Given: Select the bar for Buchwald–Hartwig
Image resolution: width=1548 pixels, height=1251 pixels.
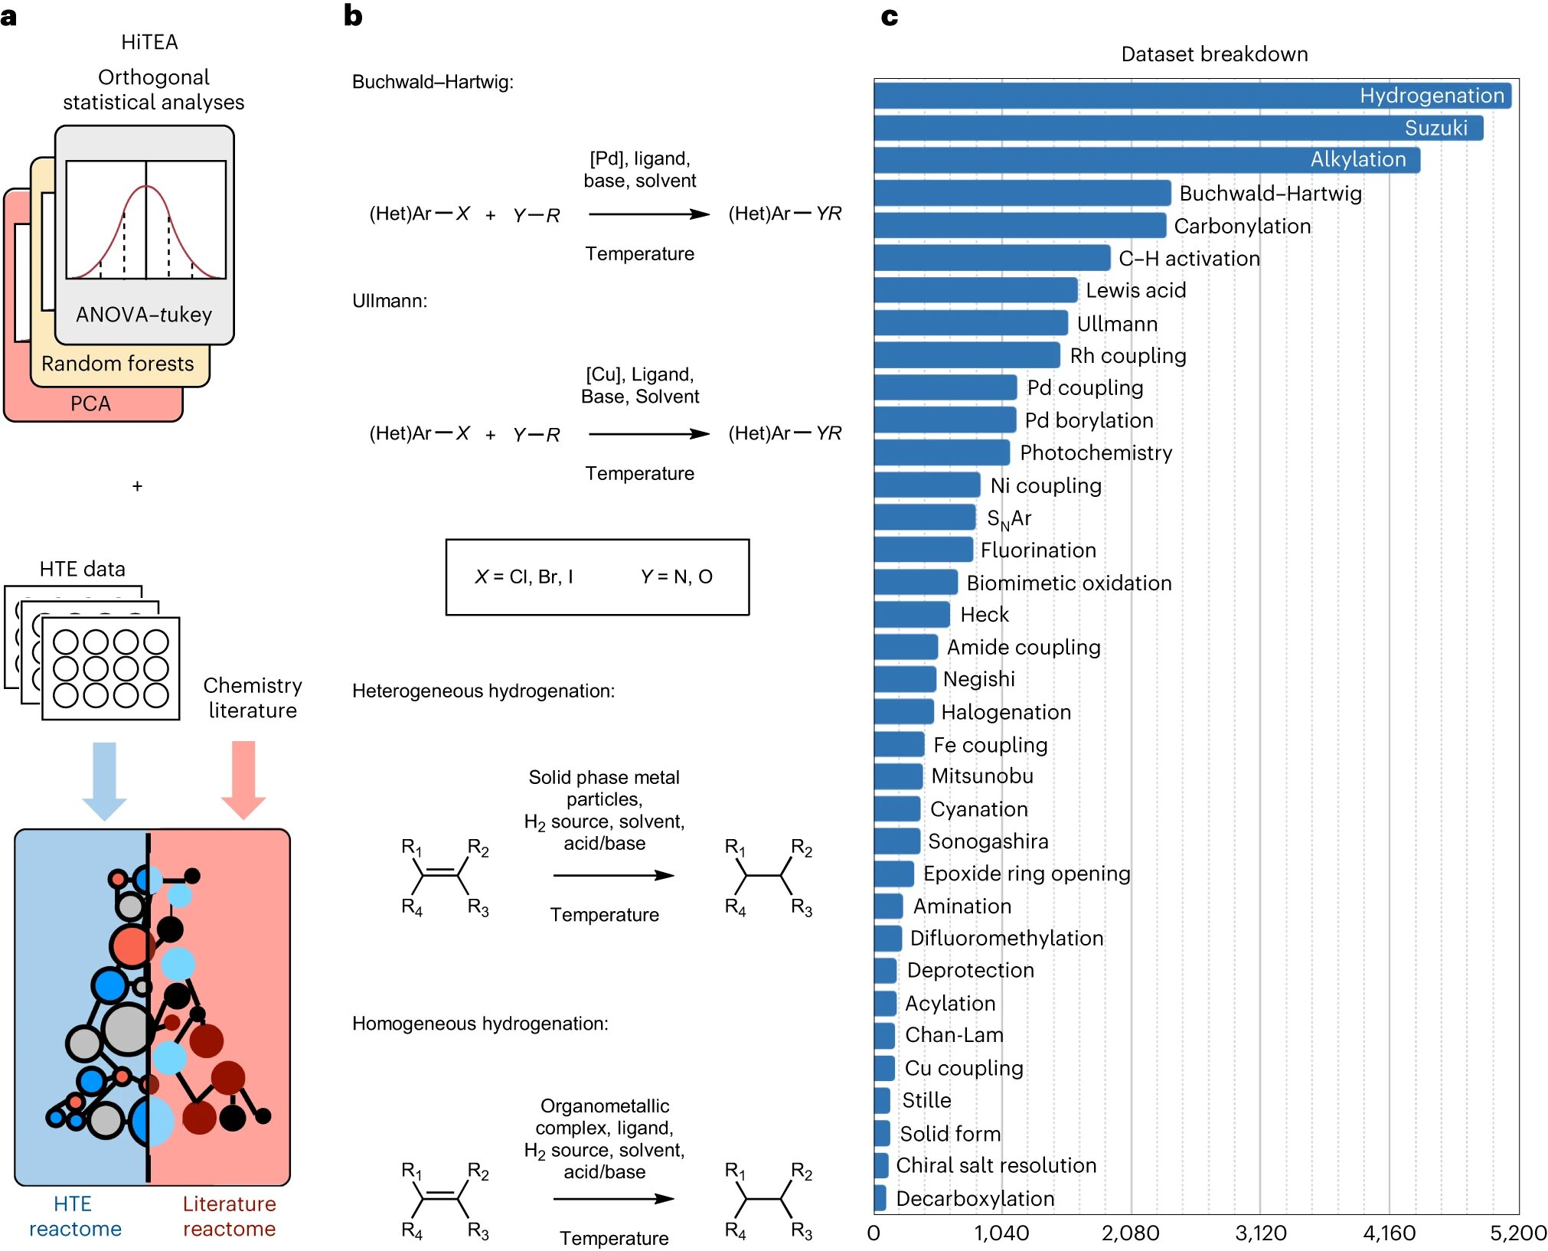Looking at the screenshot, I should click(1022, 193).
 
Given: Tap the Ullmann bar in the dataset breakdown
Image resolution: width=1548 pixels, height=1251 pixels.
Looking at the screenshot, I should click(971, 323).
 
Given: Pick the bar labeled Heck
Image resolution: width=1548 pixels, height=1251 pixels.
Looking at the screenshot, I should click(912, 615).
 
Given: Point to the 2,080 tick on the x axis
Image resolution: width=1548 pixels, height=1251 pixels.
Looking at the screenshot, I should click(1131, 1233).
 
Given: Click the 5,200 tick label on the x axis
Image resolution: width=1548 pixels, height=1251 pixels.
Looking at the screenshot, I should click(1518, 1233).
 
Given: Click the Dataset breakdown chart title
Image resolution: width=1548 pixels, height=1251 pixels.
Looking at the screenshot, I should click(1214, 54).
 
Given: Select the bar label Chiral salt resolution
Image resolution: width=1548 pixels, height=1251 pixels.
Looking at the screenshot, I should click(996, 1165).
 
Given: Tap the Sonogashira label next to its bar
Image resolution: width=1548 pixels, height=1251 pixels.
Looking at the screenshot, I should click(988, 841).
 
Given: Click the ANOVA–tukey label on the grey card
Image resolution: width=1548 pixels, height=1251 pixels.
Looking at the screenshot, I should click(144, 315).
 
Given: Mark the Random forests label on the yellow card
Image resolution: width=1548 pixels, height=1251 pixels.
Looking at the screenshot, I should click(118, 364).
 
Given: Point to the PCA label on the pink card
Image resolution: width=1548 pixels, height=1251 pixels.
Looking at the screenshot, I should click(90, 403).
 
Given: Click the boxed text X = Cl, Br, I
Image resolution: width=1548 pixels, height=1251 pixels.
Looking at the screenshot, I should click(524, 577).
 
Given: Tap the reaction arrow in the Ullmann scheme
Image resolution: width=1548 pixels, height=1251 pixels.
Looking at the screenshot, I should click(649, 434).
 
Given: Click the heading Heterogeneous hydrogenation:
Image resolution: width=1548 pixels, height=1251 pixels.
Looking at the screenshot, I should click(483, 691).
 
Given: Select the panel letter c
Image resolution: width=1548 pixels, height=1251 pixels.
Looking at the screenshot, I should click(889, 17).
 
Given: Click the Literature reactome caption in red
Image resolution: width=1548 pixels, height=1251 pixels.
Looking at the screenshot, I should click(229, 1216).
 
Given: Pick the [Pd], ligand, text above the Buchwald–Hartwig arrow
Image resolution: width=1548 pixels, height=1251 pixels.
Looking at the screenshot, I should click(640, 158).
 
